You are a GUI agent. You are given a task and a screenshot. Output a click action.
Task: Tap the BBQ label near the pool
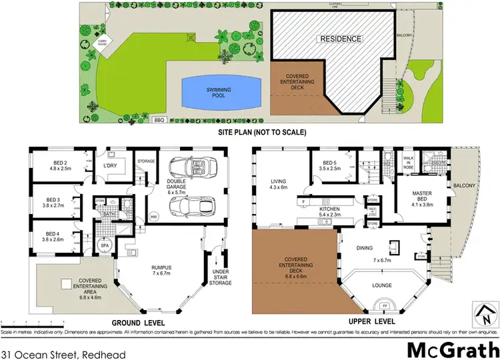[159, 121]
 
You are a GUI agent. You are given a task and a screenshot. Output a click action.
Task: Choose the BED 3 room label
[57, 203]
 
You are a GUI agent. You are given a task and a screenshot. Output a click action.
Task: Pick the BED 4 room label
[57, 235]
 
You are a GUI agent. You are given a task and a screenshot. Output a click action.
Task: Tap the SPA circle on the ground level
[104, 246]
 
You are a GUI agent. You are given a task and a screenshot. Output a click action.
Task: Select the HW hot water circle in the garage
[154, 217]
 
